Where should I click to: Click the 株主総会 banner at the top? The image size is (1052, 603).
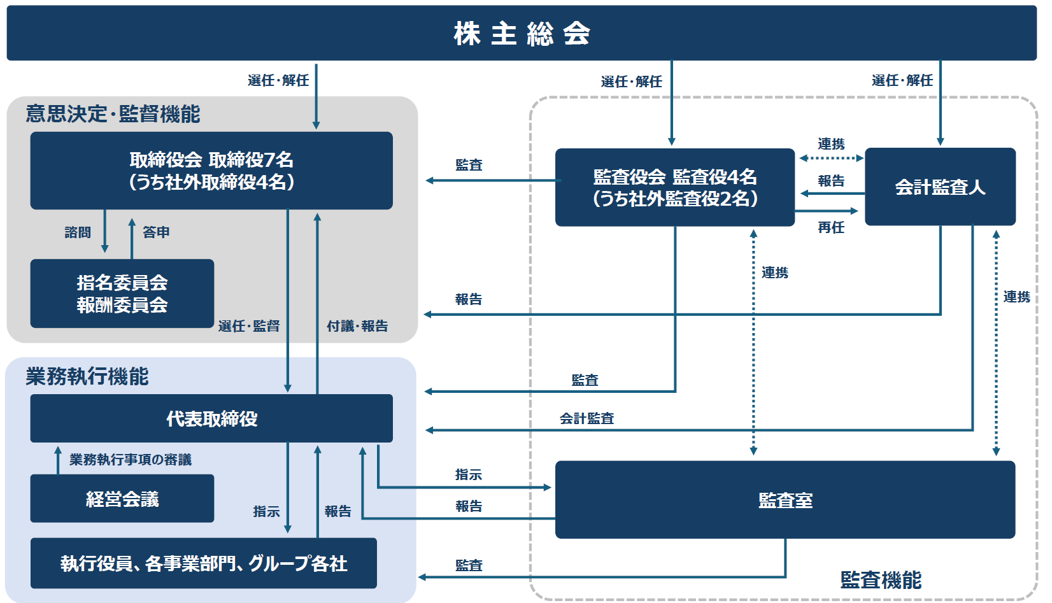coord(522,33)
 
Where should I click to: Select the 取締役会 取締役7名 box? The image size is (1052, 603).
coord(211,171)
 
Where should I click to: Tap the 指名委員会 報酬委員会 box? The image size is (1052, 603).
coord(122,294)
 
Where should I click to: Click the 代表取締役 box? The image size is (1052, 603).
coord(211,418)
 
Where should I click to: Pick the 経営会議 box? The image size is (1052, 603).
coord(122,499)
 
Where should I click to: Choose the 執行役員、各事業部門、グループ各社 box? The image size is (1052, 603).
coord(204,564)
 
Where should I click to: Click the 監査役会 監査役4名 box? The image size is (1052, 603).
coord(675,187)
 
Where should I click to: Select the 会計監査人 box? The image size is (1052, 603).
coord(940,187)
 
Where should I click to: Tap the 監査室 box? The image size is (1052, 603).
coord(785,500)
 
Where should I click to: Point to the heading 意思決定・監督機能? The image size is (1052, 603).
coord(113,114)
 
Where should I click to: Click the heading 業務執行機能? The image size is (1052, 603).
coord(87,376)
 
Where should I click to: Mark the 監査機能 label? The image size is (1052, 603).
coord(881,579)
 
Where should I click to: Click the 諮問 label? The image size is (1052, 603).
coord(78,232)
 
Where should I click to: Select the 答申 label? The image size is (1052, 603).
coord(156,232)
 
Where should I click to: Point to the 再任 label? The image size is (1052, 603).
coord(831,227)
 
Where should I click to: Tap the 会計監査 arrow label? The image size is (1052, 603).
coord(586,418)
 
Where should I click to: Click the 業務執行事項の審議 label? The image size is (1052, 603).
coord(131,460)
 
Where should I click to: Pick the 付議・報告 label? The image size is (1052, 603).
coord(357,326)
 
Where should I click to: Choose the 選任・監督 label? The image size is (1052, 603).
coord(249,326)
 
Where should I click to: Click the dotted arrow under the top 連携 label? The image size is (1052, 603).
coord(831,158)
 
